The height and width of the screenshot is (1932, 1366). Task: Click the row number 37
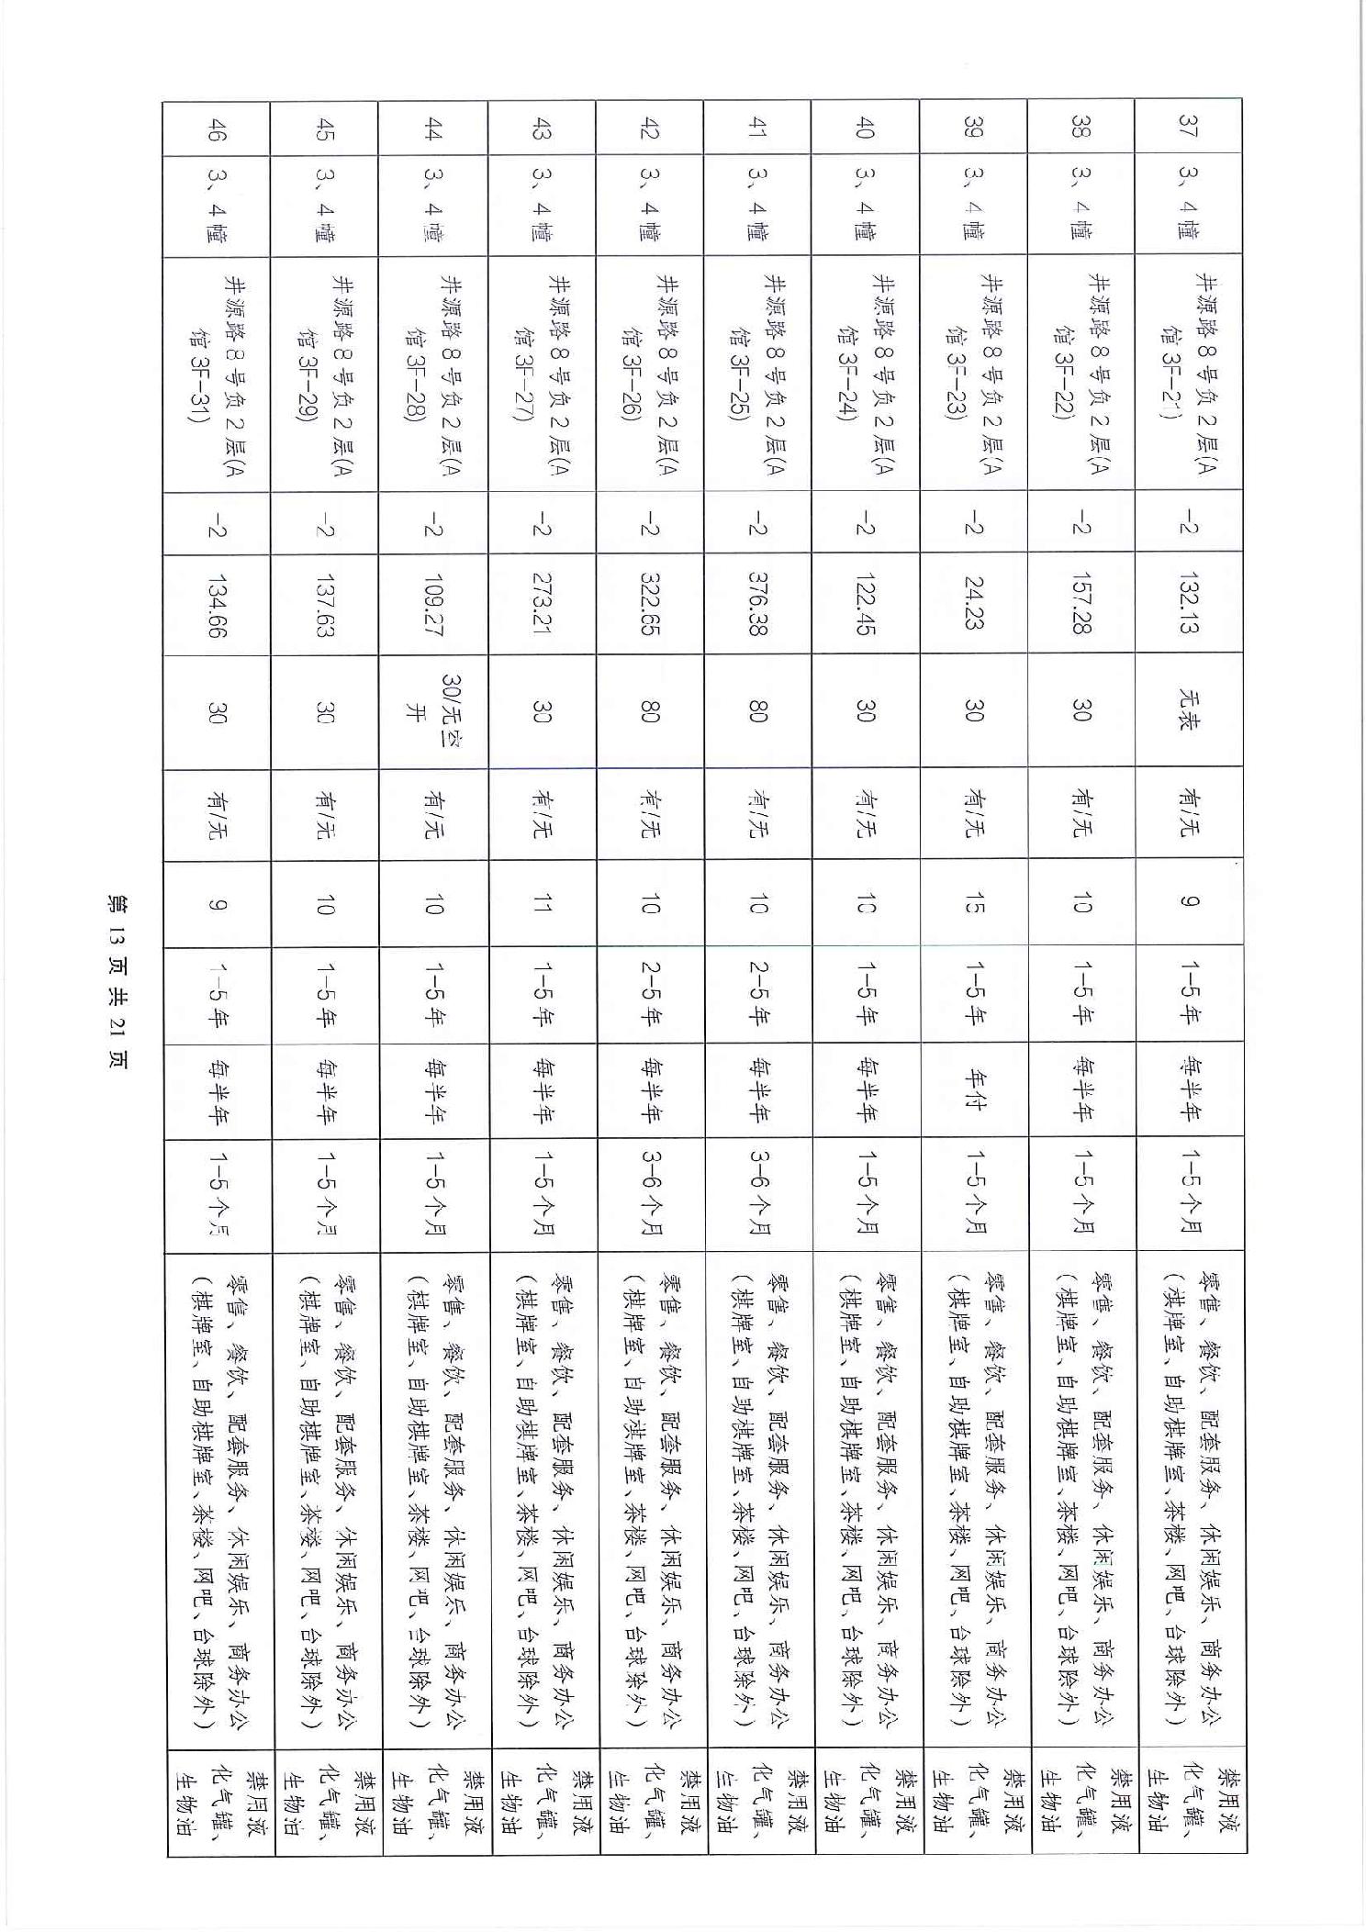coord(1190,128)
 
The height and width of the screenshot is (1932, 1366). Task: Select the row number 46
coord(217,128)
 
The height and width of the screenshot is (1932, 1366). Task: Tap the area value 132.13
coord(1190,602)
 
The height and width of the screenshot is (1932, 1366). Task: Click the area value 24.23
coord(974,602)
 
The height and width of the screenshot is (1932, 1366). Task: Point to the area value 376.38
coord(757,602)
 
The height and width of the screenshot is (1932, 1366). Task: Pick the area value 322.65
coord(650,602)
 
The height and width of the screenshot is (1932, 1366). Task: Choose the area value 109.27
coord(433,602)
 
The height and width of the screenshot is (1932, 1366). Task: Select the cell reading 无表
coord(1190,710)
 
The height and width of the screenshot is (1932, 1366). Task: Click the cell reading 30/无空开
coord(433,710)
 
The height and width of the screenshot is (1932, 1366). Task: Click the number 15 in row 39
coord(974,904)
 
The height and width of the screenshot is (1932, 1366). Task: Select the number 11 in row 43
coord(542,904)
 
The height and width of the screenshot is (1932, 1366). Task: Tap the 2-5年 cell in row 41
coord(757,993)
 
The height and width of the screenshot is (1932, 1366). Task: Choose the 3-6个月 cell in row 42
coord(650,1193)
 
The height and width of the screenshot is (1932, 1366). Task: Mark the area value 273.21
coord(542,602)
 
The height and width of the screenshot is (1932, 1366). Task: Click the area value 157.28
coord(1081,602)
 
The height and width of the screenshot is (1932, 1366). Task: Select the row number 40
coord(866,128)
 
